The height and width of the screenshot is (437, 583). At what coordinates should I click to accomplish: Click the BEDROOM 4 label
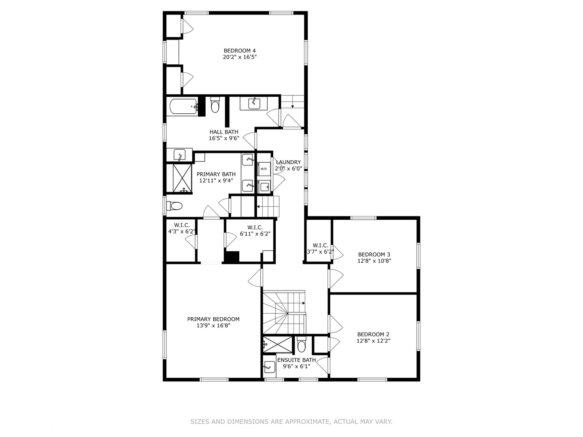pyautogui.click(x=240, y=51)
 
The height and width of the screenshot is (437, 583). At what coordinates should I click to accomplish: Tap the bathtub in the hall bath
pyautogui.click(x=183, y=106)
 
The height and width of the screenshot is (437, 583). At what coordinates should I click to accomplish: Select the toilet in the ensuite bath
pyautogui.click(x=301, y=344)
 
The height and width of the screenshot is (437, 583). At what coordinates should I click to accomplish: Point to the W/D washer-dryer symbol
pyautogui.click(x=264, y=169)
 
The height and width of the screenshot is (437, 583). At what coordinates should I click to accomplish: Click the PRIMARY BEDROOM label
pyautogui.click(x=213, y=319)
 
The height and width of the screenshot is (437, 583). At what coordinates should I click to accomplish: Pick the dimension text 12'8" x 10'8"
pyautogui.click(x=374, y=261)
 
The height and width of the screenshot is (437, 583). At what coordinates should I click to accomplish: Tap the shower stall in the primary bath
pyautogui.click(x=182, y=178)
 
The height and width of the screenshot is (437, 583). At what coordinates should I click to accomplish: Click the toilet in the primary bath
pyautogui.click(x=174, y=206)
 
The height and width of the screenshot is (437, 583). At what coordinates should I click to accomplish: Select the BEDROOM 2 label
pyautogui.click(x=373, y=334)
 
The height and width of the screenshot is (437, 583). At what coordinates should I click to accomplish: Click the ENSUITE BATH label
pyautogui.click(x=296, y=360)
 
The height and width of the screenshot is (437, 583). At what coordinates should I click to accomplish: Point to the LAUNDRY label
pyautogui.click(x=288, y=162)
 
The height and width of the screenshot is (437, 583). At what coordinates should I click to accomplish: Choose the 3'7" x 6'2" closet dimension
pyautogui.click(x=320, y=252)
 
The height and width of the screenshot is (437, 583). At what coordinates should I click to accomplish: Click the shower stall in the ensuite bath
pyautogui.click(x=277, y=344)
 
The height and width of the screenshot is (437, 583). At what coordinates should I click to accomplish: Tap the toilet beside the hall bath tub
pyautogui.click(x=215, y=105)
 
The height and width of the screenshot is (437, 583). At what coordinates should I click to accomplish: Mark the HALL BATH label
pyautogui.click(x=224, y=132)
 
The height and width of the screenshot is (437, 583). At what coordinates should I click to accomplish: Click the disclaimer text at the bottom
pyautogui.click(x=291, y=422)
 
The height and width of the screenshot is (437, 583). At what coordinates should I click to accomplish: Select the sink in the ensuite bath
pyautogui.click(x=270, y=367)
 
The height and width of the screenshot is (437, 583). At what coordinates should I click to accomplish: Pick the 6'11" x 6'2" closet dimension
pyautogui.click(x=255, y=234)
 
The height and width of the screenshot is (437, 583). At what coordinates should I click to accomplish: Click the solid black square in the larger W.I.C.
pyautogui.click(x=232, y=257)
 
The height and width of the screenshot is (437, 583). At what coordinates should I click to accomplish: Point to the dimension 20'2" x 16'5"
pyautogui.click(x=240, y=57)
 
